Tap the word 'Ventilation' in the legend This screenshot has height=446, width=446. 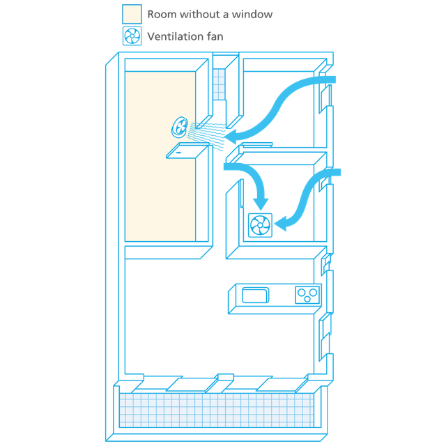click(174, 36)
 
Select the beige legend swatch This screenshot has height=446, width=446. click(132, 14)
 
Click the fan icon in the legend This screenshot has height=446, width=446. click(132, 36)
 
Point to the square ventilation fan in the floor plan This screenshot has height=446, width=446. click(261, 224)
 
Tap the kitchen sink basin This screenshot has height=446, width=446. click(255, 295)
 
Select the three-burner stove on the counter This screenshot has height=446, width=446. click(307, 294)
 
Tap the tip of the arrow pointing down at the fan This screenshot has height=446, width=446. click(261, 206)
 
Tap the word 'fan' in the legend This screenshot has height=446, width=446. click(215, 36)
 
